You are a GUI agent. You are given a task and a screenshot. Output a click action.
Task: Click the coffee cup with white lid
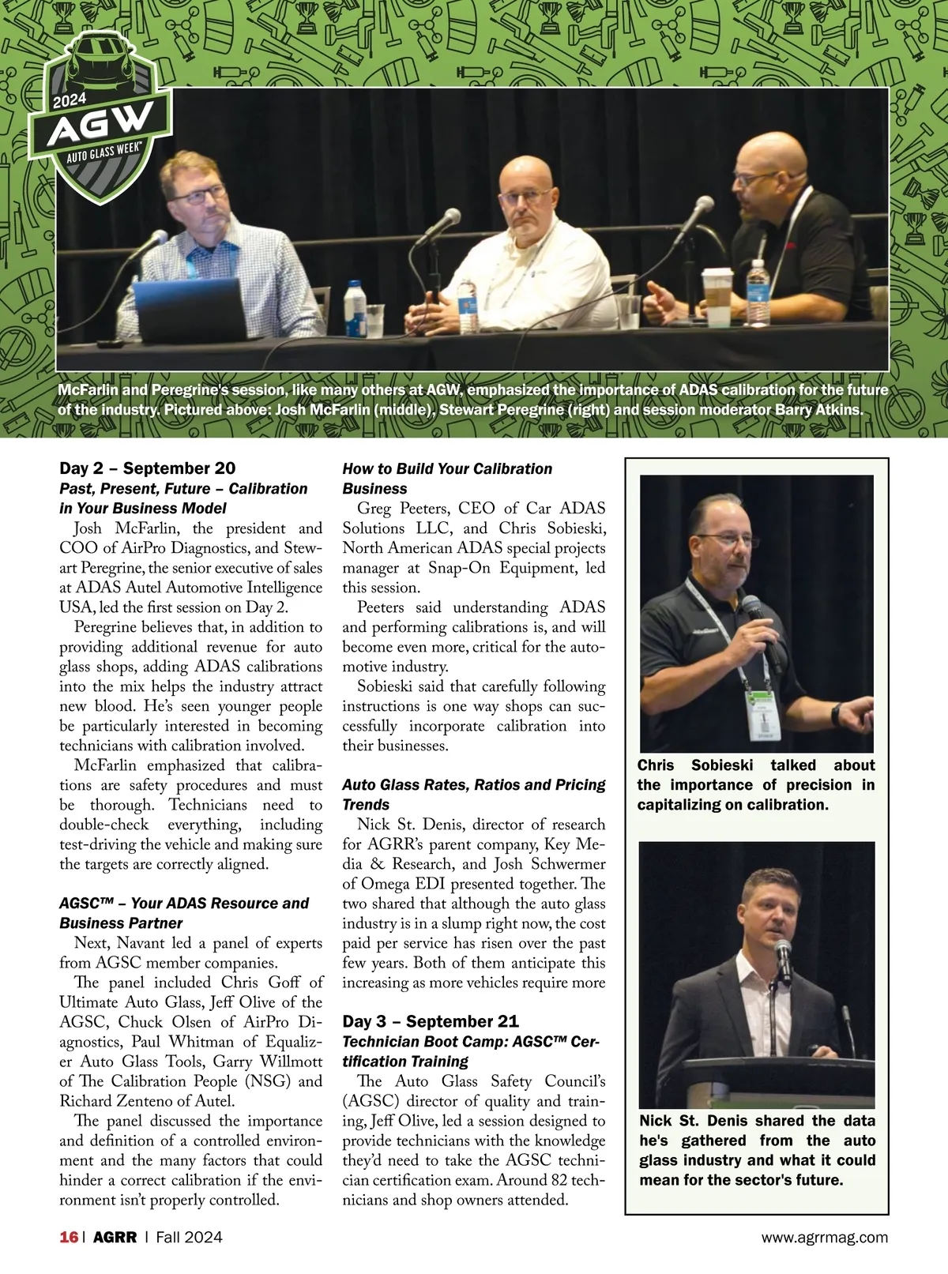718,297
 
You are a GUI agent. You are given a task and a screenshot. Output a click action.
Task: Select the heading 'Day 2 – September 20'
148,468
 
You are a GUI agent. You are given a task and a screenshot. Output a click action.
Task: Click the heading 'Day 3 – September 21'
431,1021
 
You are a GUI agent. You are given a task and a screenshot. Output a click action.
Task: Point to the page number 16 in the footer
69,1237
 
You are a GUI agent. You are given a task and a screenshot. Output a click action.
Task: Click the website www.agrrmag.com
824,1237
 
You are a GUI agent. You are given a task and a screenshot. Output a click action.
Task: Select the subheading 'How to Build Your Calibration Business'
447,479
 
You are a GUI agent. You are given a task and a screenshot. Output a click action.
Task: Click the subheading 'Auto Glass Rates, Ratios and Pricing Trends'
473,795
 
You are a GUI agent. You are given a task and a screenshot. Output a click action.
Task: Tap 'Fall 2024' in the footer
189,1237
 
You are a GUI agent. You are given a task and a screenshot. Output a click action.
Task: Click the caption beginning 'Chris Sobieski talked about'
756,784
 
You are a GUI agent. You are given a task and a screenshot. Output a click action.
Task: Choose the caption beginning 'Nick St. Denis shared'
757,1150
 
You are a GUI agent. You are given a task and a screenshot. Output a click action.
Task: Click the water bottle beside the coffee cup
758,292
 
